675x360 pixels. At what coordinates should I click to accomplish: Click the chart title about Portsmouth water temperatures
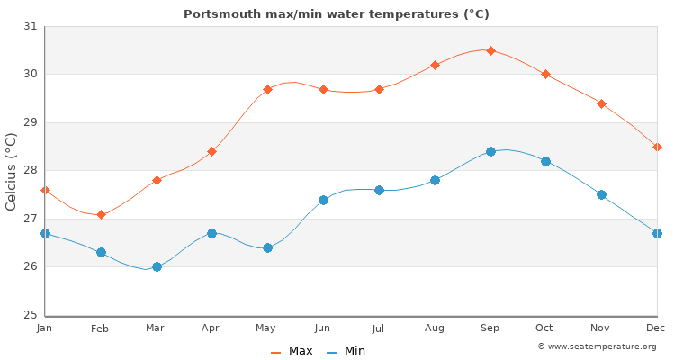click(337, 14)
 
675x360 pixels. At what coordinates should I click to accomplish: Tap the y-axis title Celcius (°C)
click(12, 171)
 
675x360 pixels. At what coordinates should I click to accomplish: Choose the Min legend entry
click(346, 351)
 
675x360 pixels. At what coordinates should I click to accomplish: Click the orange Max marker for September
click(490, 50)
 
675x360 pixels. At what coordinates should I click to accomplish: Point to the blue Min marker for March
click(157, 266)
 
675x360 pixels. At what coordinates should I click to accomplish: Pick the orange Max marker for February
click(101, 214)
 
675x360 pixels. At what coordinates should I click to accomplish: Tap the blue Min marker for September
click(490, 151)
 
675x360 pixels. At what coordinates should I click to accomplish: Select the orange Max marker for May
click(267, 89)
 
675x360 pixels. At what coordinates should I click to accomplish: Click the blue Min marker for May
click(267, 247)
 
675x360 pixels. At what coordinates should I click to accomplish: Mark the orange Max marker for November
click(601, 103)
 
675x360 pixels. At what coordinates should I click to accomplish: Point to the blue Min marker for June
click(323, 200)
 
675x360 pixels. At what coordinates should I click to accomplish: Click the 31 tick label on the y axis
click(31, 26)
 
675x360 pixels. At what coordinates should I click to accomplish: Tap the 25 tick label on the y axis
click(31, 315)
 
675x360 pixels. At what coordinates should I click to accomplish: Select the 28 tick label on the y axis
click(31, 170)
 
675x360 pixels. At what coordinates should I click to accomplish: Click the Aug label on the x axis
click(435, 328)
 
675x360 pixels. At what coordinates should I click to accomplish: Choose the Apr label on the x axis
click(211, 328)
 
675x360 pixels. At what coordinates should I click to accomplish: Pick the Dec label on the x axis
click(656, 328)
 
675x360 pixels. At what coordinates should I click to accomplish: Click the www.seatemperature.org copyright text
click(597, 346)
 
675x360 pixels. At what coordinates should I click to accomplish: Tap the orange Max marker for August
click(435, 65)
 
